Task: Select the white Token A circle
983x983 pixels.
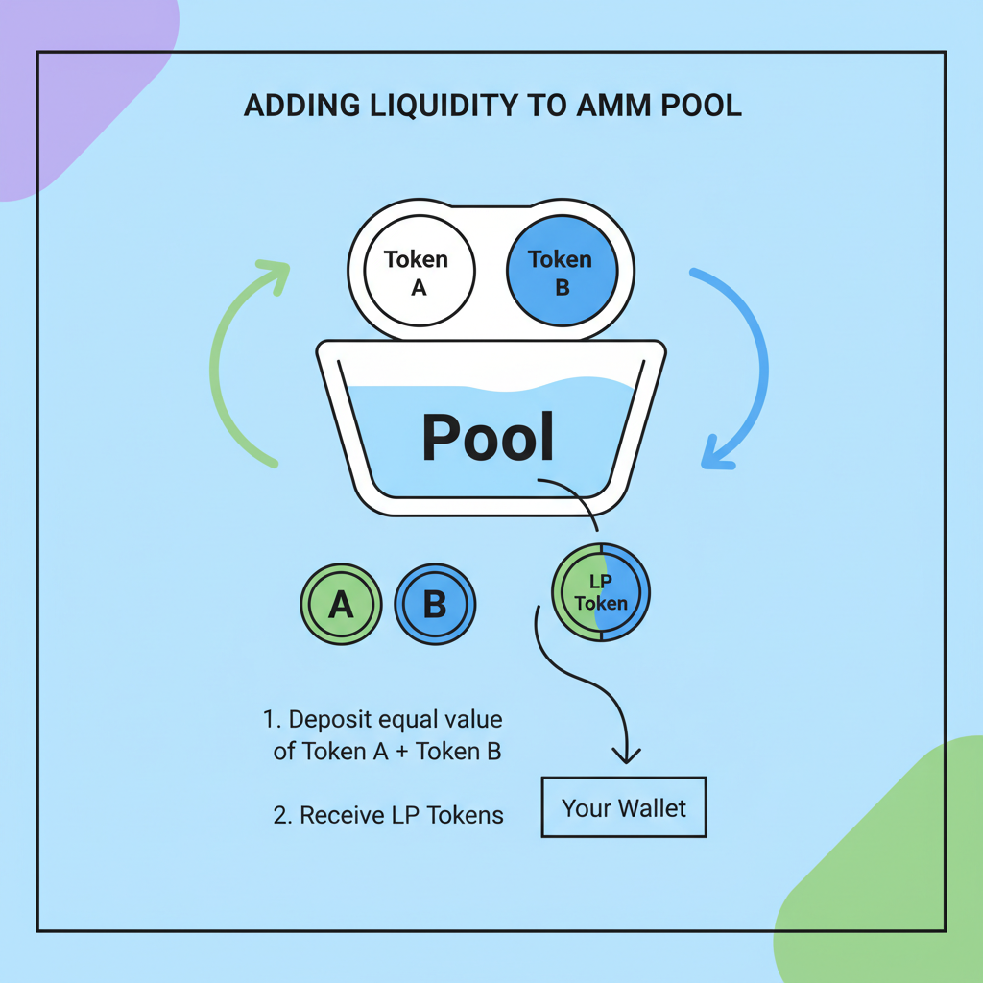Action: tap(417, 272)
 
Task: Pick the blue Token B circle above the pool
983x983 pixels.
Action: tap(561, 272)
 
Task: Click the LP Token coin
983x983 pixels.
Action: tap(601, 591)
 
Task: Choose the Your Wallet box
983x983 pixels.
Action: tap(624, 807)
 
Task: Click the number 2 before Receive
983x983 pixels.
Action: tap(279, 816)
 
